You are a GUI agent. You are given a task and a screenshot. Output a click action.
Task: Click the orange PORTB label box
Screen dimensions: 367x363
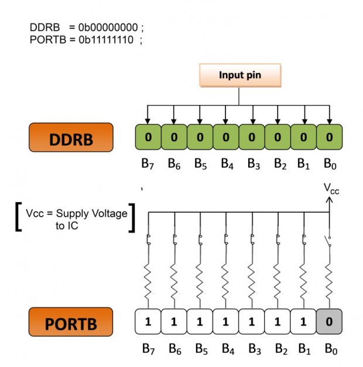click(70, 322)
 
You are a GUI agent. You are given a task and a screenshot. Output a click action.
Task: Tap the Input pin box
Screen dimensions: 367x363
click(239, 76)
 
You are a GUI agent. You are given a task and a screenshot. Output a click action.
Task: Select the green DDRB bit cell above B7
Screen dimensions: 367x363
click(148, 137)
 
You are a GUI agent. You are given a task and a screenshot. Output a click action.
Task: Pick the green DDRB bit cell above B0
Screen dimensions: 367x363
click(329, 137)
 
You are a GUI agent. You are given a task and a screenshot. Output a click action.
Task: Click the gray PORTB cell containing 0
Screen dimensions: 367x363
click(329, 322)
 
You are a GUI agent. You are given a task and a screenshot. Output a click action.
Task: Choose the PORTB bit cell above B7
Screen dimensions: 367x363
click(148, 322)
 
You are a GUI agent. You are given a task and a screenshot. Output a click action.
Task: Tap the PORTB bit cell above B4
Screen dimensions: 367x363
click(226, 322)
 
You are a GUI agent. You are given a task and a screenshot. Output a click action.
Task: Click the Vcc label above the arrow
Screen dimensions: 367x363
click(331, 189)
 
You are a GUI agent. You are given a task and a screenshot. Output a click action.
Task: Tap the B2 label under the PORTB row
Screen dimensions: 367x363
click(278, 349)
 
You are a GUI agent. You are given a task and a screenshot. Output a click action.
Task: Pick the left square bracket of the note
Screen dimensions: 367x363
click(19, 218)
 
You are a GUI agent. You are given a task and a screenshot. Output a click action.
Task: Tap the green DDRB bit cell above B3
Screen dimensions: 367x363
click(252, 137)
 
